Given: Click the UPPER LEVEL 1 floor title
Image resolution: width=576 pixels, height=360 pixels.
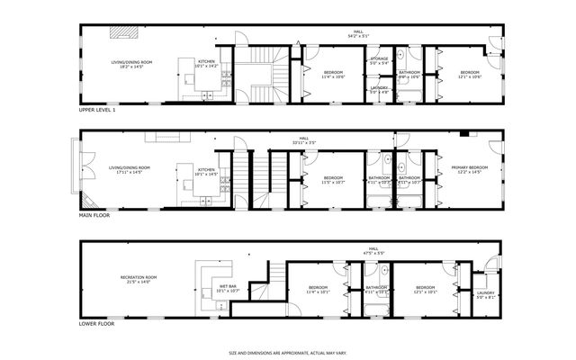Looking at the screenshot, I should (x=97, y=110).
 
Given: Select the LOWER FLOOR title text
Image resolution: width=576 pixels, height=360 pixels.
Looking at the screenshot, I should (x=94, y=322).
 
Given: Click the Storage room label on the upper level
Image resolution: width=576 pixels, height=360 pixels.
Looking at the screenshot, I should (x=379, y=58).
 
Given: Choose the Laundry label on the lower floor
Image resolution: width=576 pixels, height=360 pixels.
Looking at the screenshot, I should (x=486, y=292).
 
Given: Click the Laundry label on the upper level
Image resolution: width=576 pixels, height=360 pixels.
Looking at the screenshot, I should (x=379, y=87).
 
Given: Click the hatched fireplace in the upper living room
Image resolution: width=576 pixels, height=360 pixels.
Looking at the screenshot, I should (x=123, y=32).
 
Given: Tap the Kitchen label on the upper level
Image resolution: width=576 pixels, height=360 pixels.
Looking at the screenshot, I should (x=207, y=61).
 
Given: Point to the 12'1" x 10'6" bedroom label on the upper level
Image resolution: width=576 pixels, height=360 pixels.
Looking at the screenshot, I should (x=471, y=74).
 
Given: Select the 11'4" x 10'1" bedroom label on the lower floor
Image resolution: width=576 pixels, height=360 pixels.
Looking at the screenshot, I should (x=318, y=290).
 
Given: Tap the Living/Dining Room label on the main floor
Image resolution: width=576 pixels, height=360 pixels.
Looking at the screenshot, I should (x=130, y=169).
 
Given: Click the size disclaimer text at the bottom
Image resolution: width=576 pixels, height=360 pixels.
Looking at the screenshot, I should (x=287, y=353).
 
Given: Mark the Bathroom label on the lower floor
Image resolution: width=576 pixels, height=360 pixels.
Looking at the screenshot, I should (x=375, y=288).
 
